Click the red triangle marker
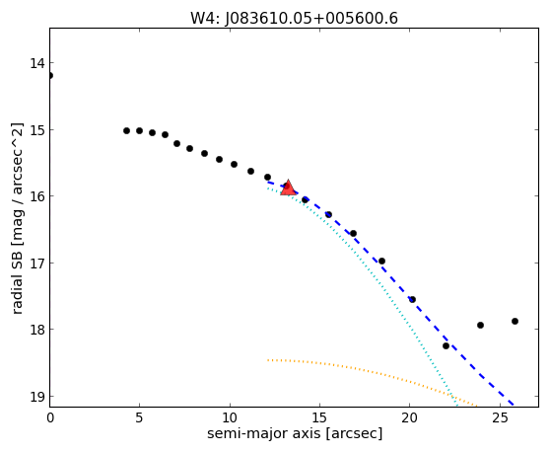point(288,188)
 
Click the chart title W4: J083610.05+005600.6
point(294,18)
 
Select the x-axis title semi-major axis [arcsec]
point(295,433)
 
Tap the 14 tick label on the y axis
point(37,63)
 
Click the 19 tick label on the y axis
point(37,397)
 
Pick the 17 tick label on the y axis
point(37,264)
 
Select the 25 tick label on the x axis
point(500,417)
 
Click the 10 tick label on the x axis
point(230,417)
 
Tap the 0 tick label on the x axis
point(50,417)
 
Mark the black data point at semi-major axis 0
point(50,75)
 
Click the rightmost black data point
point(515,322)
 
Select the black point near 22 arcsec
point(446,345)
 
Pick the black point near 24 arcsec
point(481,325)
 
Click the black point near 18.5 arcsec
point(382,261)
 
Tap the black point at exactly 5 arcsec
point(139,130)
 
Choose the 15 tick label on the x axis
point(319,417)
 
